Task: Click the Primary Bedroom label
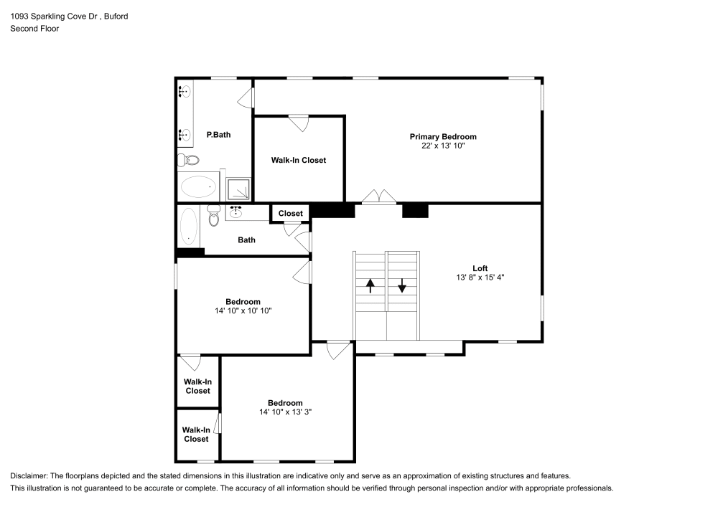[443, 136]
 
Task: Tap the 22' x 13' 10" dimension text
[443, 146]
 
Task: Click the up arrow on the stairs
[370, 286]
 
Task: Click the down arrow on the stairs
[402, 286]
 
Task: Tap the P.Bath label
[218, 134]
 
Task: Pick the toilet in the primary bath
[184, 160]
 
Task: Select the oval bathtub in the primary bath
[198, 187]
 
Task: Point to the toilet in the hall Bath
[213, 215]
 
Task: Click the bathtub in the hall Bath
[189, 224]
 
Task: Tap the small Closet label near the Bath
[291, 213]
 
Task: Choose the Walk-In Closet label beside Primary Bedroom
[298, 160]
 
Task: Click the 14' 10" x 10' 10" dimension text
[243, 311]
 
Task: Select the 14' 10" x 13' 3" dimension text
[285, 412]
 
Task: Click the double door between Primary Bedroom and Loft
[378, 196]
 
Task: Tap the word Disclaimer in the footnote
[29, 476]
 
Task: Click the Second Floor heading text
[34, 29]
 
